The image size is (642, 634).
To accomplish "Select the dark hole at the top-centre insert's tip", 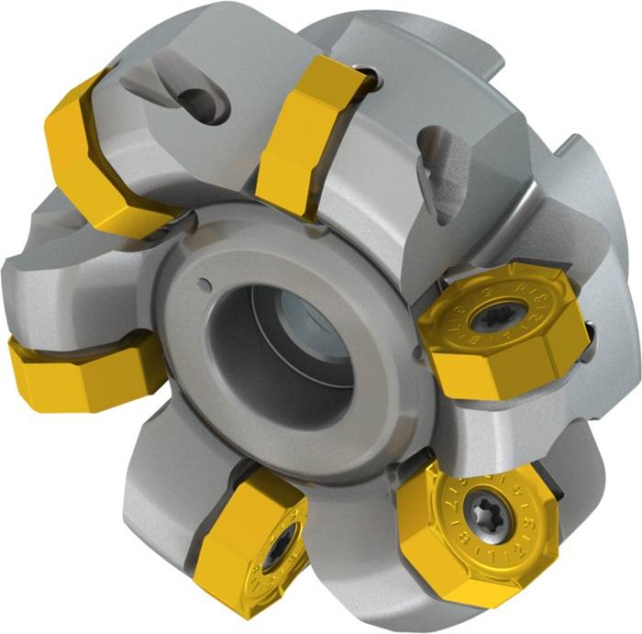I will click(x=367, y=78).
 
